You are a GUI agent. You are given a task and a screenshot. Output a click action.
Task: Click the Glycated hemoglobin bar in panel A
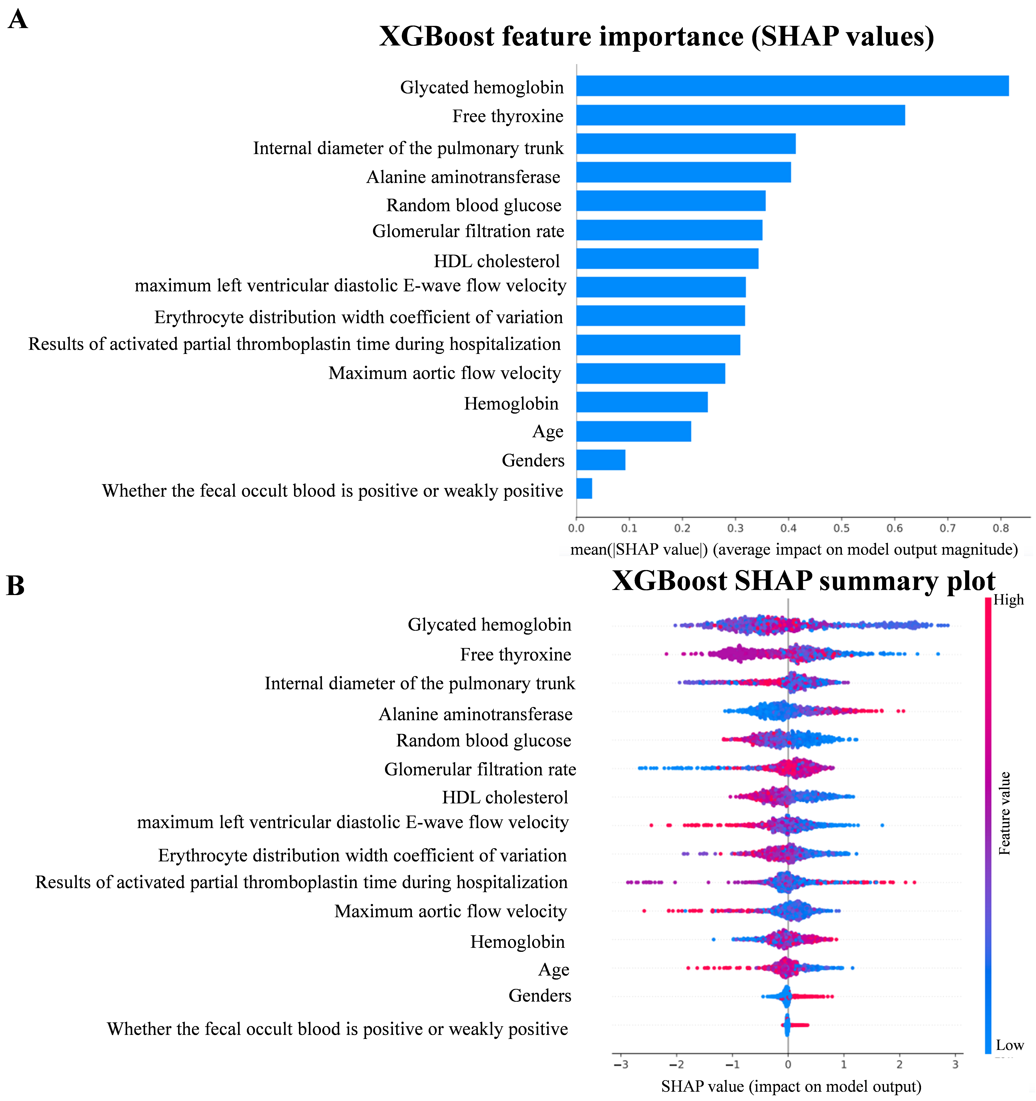[x=792, y=86]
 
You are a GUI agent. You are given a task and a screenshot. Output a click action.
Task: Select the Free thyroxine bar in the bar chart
[x=740, y=115]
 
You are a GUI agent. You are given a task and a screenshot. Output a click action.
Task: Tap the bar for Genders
[x=601, y=460]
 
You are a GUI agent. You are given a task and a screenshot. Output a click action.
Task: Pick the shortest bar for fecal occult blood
[x=584, y=489]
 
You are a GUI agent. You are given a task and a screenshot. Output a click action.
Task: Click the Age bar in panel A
[x=633, y=431]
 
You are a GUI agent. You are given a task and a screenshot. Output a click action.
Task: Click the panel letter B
[x=16, y=586]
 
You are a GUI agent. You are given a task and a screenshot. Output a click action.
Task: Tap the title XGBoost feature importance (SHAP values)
[x=656, y=37]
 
